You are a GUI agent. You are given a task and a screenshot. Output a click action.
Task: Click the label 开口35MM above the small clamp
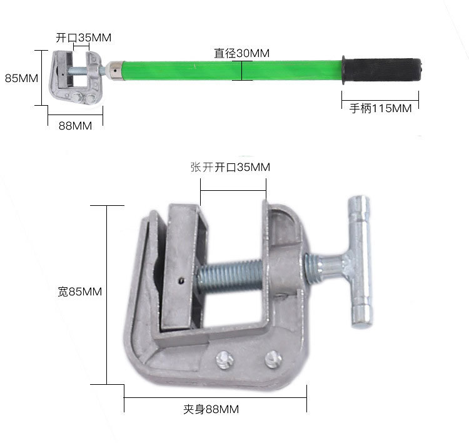click(x=83, y=38)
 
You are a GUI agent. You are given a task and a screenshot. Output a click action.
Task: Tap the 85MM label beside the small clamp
click(x=21, y=78)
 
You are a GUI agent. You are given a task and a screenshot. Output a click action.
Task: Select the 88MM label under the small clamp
click(x=76, y=126)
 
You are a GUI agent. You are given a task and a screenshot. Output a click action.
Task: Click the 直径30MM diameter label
click(x=241, y=53)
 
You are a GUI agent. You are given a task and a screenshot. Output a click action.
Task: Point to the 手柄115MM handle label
click(x=380, y=108)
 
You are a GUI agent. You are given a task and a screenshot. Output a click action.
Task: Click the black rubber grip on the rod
click(x=382, y=69)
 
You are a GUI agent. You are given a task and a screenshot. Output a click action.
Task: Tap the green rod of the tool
click(x=232, y=71)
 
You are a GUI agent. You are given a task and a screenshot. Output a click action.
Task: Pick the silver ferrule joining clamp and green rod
click(x=116, y=71)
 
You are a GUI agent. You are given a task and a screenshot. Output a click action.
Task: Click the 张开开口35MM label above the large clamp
click(x=230, y=167)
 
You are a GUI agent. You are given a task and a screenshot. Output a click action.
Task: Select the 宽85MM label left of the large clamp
click(x=80, y=291)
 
